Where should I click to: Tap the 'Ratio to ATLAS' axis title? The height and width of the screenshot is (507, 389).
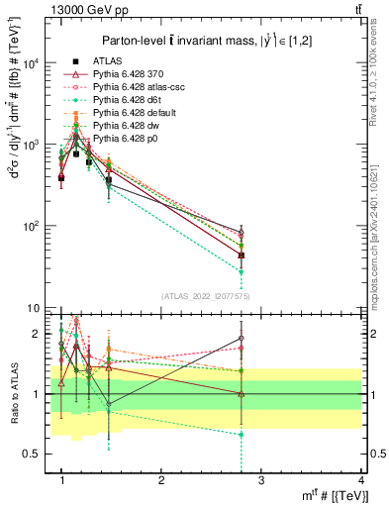[14, 393]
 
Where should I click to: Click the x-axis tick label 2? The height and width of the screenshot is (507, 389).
[161, 481]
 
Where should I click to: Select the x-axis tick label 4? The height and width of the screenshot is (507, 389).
[361, 481]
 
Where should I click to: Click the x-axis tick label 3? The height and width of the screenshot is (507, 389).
[261, 481]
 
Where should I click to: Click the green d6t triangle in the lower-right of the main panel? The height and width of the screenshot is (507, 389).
[242, 271]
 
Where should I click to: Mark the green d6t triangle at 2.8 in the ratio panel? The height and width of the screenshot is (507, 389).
[242, 435]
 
